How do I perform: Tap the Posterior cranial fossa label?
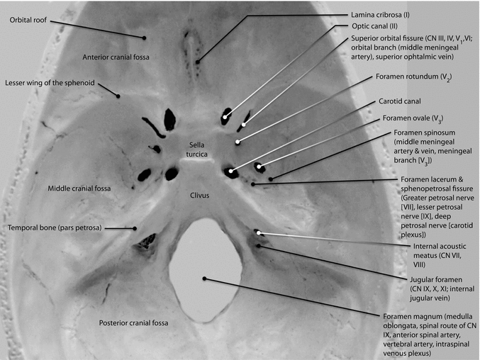(133, 323)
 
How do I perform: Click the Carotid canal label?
(401, 101)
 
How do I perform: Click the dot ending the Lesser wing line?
(119, 96)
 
